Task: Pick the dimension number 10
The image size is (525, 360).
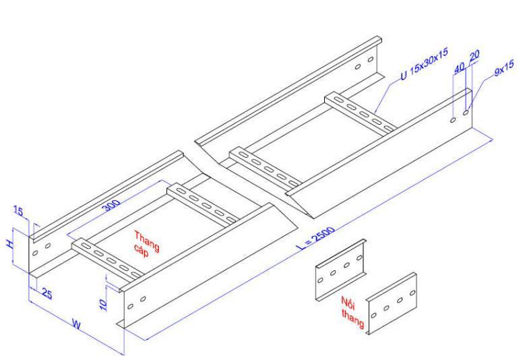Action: (x=103, y=304)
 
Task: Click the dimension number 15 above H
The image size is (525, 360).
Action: (x=18, y=213)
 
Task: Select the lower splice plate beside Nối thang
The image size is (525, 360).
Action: (x=391, y=304)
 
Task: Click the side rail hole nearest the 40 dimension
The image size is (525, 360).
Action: (x=453, y=120)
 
